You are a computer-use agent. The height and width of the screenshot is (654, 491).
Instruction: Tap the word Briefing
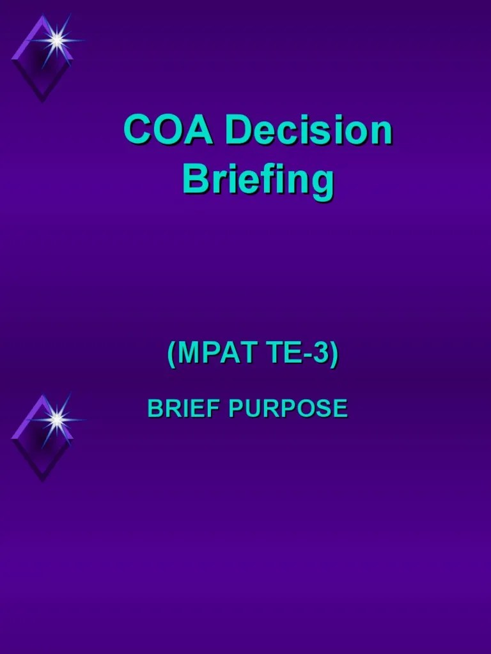[x=258, y=180]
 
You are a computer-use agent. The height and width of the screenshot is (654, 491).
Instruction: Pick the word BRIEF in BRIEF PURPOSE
[x=184, y=408]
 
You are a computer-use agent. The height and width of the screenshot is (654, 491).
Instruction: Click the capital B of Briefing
[x=194, y=180]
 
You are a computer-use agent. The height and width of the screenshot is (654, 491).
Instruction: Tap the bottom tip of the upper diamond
[x=42, y=100]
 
